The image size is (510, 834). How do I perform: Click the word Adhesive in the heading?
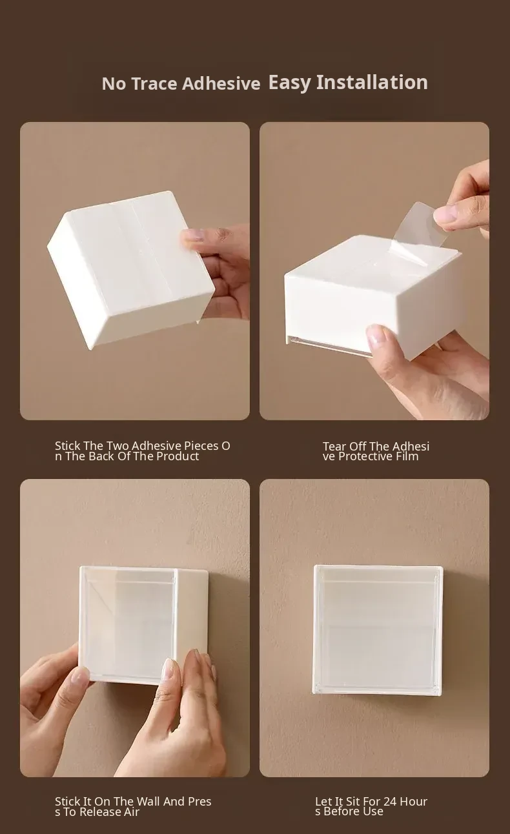tap(221, 84)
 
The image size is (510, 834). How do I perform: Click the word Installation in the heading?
tap(372, 82)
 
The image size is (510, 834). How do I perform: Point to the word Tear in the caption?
tap(334, 446)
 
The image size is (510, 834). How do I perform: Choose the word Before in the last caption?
tap(338, 811)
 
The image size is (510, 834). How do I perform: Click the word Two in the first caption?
tap(118, 445)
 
